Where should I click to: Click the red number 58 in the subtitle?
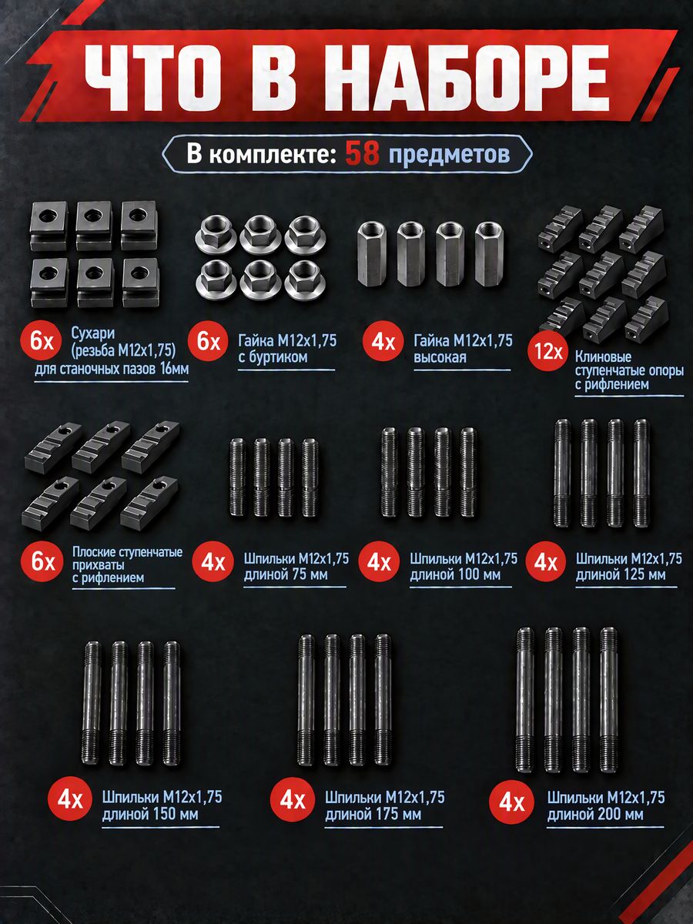coord(362,154)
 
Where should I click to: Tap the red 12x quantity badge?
coord(547,351)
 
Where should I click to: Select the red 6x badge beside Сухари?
coord(42,341)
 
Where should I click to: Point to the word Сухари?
coord(92,333)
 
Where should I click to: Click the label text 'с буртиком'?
coord(273,357)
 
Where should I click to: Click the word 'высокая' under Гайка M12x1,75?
coord(440,357)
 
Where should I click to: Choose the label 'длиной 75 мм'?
coord(286,574)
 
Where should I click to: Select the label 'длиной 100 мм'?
coord(455,574)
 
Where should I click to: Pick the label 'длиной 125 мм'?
coord(621,574)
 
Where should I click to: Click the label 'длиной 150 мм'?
coord(150,814)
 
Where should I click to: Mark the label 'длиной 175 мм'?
coord(373,814)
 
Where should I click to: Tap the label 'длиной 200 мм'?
coord(595,814)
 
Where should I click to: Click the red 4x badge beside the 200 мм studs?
coord(511,802)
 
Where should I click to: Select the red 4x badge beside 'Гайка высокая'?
coord(383,341)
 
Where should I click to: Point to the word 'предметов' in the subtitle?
coord(449,155)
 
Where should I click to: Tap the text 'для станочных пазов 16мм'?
coord(112,370)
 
